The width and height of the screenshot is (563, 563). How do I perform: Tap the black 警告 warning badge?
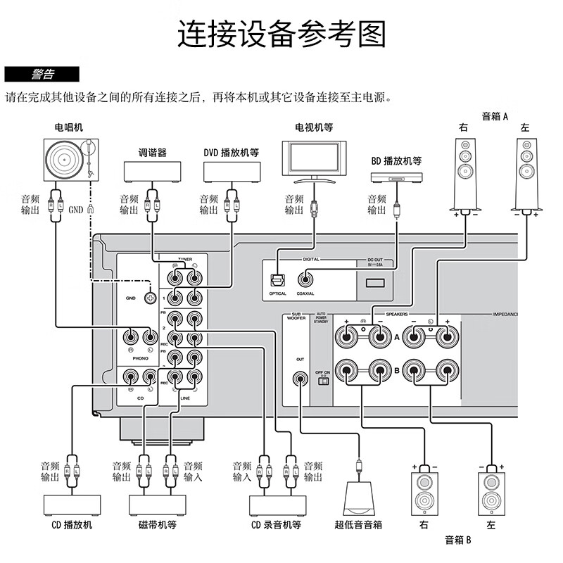click(42, 74)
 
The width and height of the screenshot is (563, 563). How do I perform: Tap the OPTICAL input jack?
click(278, 279)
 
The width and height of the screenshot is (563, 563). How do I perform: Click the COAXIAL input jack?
click(305, 279)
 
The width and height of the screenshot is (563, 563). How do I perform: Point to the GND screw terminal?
click(149, 298)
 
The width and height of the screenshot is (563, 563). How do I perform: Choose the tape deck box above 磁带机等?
click(157, 505)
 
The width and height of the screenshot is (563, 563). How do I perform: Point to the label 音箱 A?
click(495, 117)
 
